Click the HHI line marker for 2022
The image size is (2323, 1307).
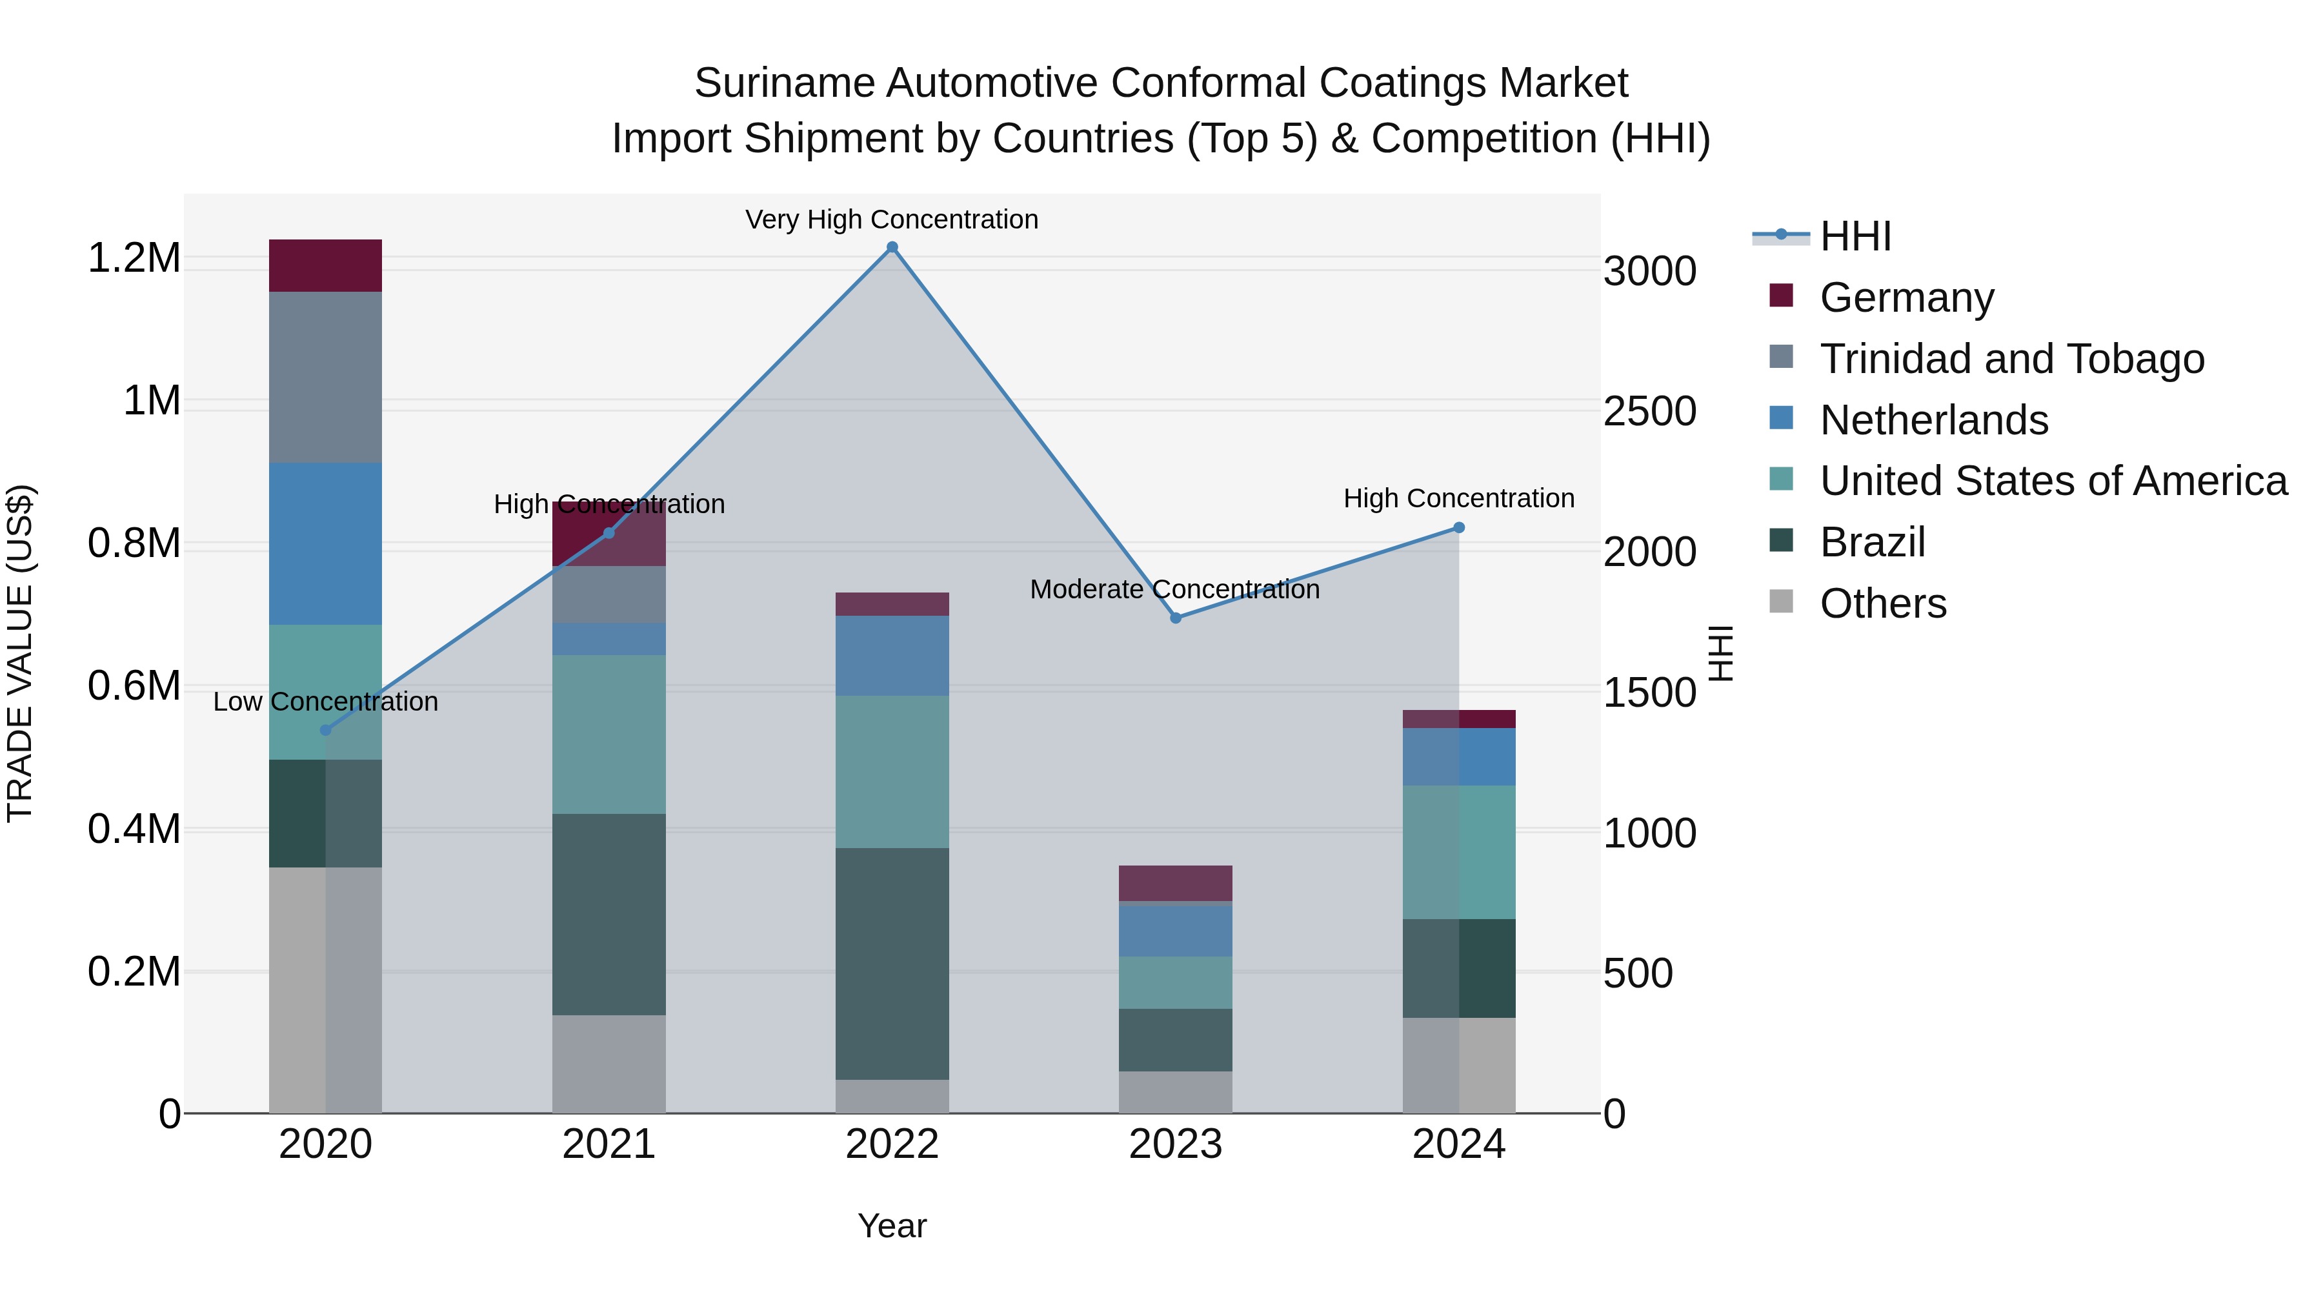tap(892, 247)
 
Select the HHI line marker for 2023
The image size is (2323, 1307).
tap(1175, 618)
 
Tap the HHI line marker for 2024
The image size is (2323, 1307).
tap(1459, 528)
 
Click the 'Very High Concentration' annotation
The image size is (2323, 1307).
tap(891, 220)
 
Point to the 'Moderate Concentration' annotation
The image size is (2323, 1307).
tap(1174, 590)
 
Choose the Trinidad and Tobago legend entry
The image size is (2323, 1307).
tap(2011, 359)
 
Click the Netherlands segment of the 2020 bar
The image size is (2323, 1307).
tap(326, 544)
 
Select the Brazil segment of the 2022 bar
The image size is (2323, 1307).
tap(892, 964)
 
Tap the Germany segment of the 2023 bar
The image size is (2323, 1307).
tap(1175, 882)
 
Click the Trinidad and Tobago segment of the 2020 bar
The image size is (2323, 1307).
tap(326, 377)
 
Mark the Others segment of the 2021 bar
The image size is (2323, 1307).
tap(608, 1064)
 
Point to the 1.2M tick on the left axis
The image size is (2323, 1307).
tap(134, 259)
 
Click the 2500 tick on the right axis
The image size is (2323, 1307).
tap(1649, 411)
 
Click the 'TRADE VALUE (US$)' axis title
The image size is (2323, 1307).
tap(20, 653)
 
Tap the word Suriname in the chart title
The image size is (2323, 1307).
tap(785, 83)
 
